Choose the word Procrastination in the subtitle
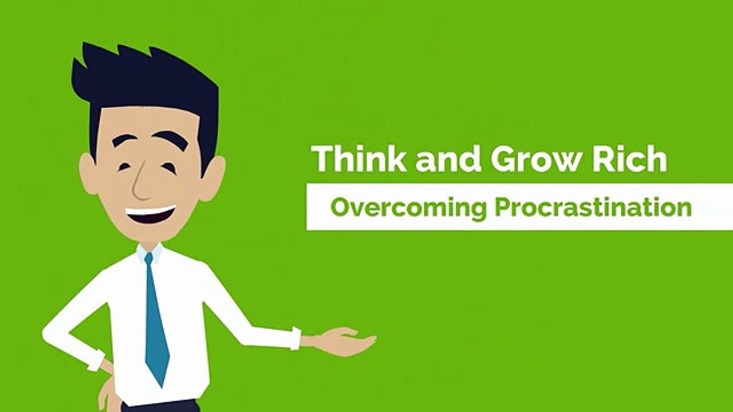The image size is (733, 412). pos(593,207)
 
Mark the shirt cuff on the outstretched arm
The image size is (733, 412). pos(295,338)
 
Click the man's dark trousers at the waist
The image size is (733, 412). pos(160,407)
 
